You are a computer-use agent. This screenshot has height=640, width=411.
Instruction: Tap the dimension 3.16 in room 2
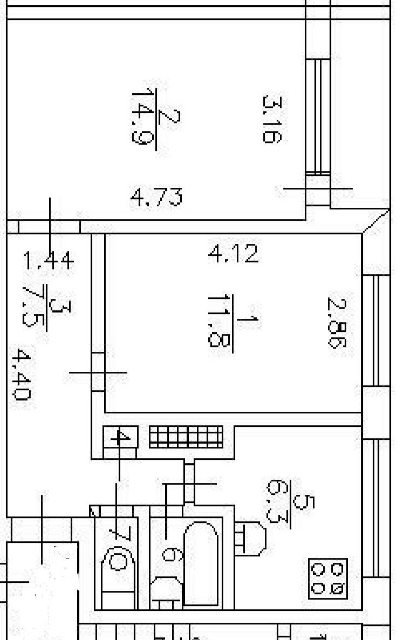tap(270, 119)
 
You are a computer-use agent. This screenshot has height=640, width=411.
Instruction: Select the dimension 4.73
tap(156, 198)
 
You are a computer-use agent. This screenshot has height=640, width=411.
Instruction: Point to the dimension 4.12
tap(234, 253)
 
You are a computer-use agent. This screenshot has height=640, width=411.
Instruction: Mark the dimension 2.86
tap(334, 324)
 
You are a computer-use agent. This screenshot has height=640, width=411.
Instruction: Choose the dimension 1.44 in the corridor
tap(48, 262)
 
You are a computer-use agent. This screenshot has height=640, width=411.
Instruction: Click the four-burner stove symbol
tap(328, 578)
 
